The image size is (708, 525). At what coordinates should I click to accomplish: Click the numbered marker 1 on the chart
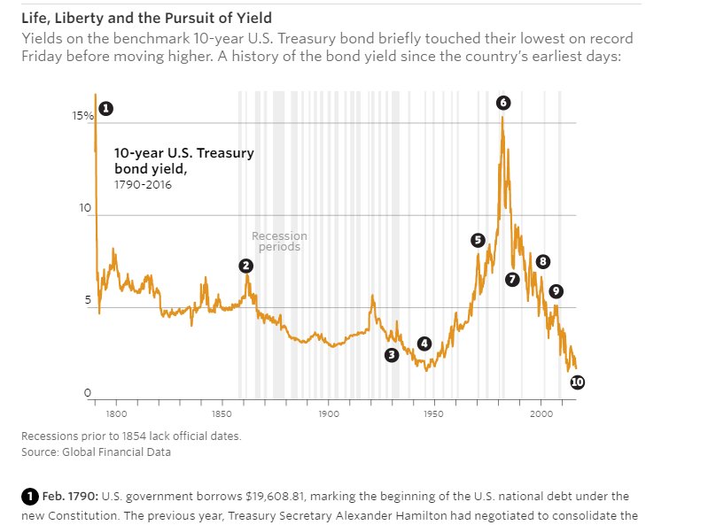pos(105,108)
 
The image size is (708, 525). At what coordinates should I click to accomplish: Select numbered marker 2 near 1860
pos(245,266)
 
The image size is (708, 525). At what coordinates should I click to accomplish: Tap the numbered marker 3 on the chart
pos(392,354)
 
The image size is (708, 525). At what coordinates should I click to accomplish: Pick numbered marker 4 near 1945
pos(424,344)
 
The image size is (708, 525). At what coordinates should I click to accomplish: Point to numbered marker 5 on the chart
pos(478,240)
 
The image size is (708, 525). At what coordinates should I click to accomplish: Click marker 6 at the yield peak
pos(503,103)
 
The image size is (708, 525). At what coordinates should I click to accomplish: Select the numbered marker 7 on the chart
pos(511,279)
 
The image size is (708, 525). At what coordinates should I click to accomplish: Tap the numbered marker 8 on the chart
pos(542,261)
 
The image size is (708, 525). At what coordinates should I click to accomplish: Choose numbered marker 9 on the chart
pos(556,291)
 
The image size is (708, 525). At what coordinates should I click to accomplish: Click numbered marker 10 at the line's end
pos(577,382)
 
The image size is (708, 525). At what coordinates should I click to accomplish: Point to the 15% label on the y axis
pos(83,116)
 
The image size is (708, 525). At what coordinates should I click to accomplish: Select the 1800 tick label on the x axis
pos(116,413)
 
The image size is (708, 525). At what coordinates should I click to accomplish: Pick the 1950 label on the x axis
pos(435,413)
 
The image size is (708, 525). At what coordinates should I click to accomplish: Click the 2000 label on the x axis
pos(541,413)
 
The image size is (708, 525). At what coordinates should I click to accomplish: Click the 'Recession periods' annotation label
pos(279,241)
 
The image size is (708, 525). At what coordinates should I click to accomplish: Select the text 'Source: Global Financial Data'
pos(96,452)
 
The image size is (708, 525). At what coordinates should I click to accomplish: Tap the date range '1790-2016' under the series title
pos(143,185)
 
